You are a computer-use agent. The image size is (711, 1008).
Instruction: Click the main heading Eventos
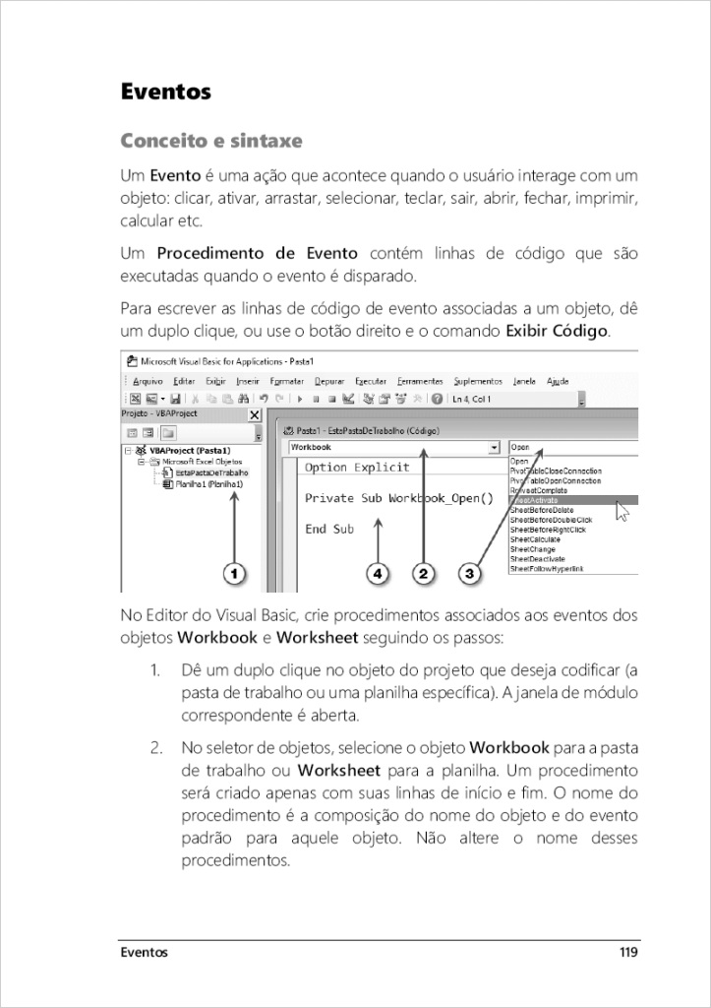[165, 93]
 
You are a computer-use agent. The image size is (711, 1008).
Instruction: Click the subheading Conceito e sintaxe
[210, 141]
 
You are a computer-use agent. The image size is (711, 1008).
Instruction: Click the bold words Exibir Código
[557, 330]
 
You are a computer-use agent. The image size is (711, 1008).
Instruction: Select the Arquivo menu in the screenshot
[148, 381]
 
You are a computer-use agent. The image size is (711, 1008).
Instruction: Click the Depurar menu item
[328, 381]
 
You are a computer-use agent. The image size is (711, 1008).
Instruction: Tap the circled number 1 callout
[233, 572]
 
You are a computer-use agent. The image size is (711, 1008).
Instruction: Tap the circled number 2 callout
[423, 572]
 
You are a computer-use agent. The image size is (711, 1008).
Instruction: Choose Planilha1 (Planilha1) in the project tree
[209, 484]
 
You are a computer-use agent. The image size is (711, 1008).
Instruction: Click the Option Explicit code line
[350, 468]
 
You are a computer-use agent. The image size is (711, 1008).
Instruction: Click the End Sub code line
[329, 529]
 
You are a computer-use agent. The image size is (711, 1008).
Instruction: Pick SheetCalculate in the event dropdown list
[534, 539]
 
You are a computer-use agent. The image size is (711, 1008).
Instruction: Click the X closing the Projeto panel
[256, 416]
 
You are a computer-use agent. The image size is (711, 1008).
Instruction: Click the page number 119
[628, 952]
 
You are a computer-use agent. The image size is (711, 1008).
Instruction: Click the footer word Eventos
[144, 952]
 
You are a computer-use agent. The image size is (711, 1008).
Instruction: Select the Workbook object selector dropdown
[394, 448]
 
